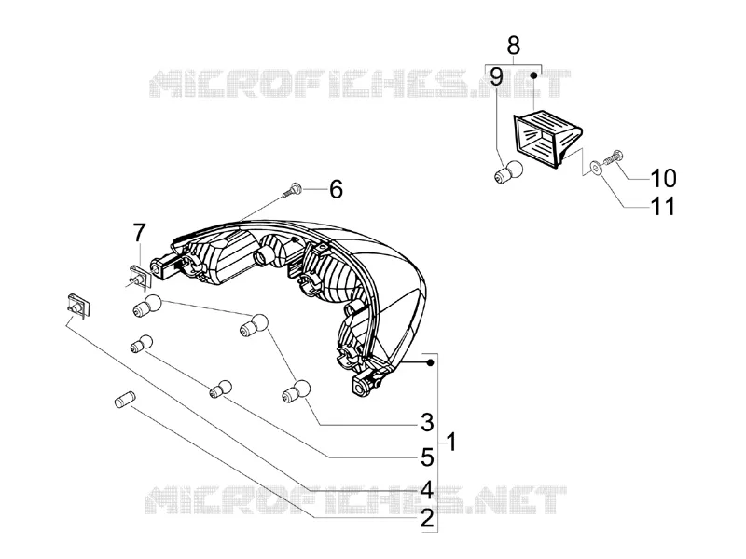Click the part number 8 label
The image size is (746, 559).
(514, 46)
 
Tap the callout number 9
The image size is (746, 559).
(496, 77)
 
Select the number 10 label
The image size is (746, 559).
(663, 178)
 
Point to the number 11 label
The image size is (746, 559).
(663, 206)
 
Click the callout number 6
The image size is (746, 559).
(336, 189)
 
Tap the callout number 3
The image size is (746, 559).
(427, 422)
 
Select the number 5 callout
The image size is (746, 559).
(427, 457)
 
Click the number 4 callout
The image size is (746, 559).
(427, 490)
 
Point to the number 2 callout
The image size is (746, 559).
(427, 518)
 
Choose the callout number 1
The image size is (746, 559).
(451, 442)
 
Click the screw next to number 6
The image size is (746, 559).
(291, 190)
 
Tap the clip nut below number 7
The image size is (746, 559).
(140, 277)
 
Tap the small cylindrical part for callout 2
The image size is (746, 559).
(125, 399)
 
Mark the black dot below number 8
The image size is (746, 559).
(533, 75)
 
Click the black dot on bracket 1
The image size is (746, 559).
(430, 362)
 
